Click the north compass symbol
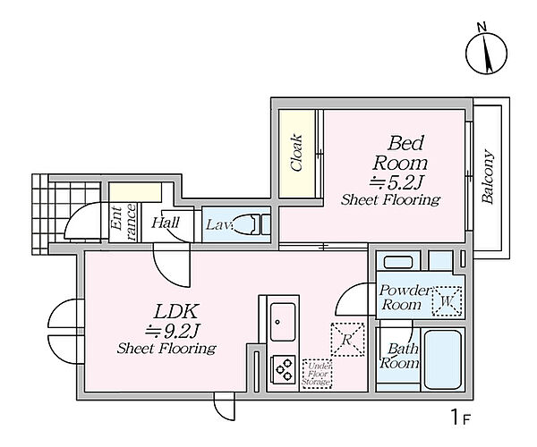486,52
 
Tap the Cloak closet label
296,153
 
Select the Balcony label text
488,177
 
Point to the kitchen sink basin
283,322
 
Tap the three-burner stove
283,370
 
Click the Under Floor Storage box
317,374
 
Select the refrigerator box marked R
347,339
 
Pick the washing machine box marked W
447,301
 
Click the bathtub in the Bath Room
443,359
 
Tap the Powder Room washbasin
397,262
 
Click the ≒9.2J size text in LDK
172,330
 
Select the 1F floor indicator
460,417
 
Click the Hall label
166,223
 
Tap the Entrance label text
124,222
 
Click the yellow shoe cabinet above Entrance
135,192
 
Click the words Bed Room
400,153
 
